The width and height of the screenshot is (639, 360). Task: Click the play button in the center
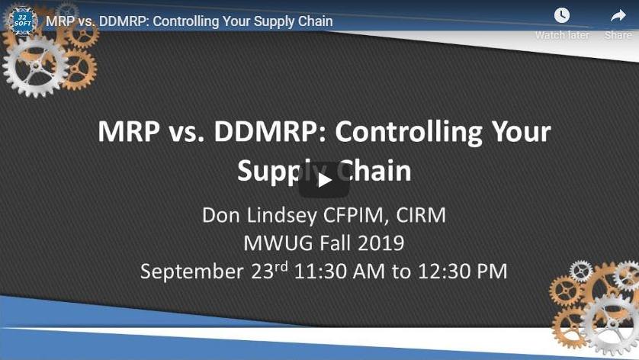[x=324, y=180]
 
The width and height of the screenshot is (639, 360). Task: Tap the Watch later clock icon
[x=561, y=15]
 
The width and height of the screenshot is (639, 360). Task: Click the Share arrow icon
[x=618, y=16]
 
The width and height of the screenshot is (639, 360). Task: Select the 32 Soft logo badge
[x=21, y=21]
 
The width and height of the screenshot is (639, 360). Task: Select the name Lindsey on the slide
[x=281, y=215]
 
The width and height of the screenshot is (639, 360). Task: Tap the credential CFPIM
[x=356, y=215]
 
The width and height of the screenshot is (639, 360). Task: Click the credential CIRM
[x=421, y=215]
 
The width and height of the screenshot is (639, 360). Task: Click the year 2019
[x=381, y=243]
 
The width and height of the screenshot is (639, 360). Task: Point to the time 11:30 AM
[x=339, y=272]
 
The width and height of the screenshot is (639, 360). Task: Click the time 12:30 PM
[x=463, y=272]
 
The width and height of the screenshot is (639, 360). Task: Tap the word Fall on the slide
[x=335, y=243]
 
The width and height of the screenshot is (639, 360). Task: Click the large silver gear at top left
[x=35, y=66]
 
